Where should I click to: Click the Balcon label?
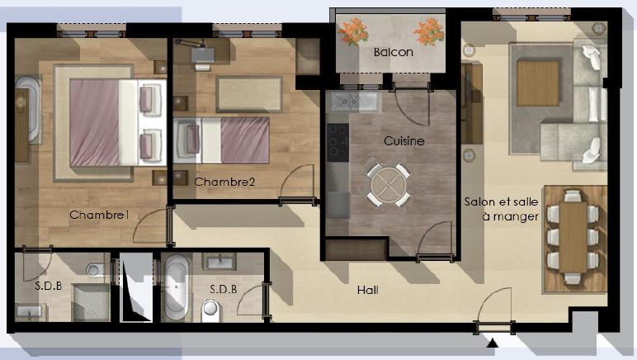[x=394, y=52]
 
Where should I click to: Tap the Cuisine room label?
[x=404, y=141]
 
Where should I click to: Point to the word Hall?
[x=368, y=290]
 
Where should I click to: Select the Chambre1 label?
[x=99, y=215]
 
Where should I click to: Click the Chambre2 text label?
[x=224, y=182]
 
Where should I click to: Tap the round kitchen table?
[x=389, y=185]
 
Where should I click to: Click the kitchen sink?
[x=353, y=101]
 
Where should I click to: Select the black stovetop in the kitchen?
[x=337, y=142]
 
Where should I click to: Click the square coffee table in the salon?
[x=538, y=83]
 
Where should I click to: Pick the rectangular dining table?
[x=573, y=237]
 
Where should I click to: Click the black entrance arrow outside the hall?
[x=493, y=343]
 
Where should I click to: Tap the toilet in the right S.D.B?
[x=210, y=310]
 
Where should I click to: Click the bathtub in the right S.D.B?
[x=177, y=287]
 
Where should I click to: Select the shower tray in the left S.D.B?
[x=91, y=302]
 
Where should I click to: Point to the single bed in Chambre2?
[x=221, y=140]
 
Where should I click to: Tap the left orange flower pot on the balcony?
[x=352, y=31]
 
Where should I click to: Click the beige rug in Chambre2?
[x=249, y=94]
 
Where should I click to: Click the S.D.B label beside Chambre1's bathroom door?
[x=49, y=286]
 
